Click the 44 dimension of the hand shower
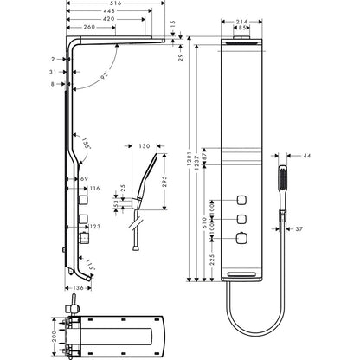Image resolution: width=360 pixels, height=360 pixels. (308, 155)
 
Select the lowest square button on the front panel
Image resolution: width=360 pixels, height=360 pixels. (243, 237)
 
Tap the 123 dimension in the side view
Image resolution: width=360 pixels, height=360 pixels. (94, 227)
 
